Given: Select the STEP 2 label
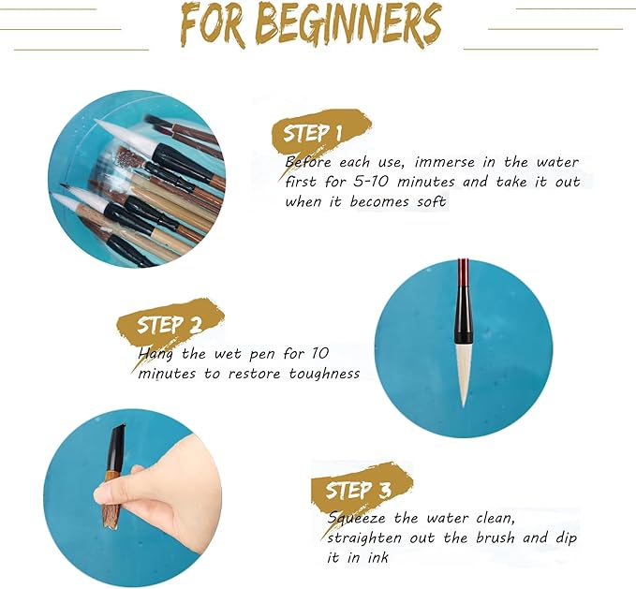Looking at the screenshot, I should [x=170, y=325].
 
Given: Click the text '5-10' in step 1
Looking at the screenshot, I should [x=377, y=182].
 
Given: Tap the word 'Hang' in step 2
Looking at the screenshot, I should [x=156, y=354].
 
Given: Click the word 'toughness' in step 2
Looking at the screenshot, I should [x=319, y=374].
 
